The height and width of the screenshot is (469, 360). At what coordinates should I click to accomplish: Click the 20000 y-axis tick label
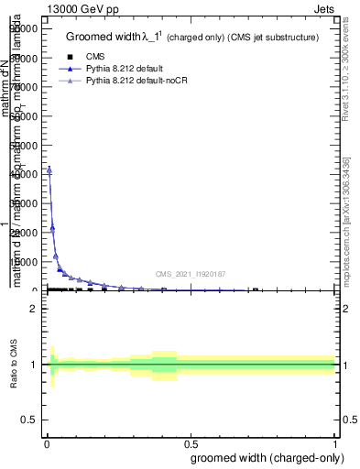24,232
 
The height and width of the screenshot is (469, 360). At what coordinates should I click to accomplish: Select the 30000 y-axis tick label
24,202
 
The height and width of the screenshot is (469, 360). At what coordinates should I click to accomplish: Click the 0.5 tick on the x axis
190,443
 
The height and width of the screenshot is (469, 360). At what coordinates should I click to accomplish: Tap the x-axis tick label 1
335,443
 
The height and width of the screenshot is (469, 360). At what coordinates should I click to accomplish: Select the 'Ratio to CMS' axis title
14,365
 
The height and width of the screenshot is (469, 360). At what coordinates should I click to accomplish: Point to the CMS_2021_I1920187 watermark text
190,274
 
